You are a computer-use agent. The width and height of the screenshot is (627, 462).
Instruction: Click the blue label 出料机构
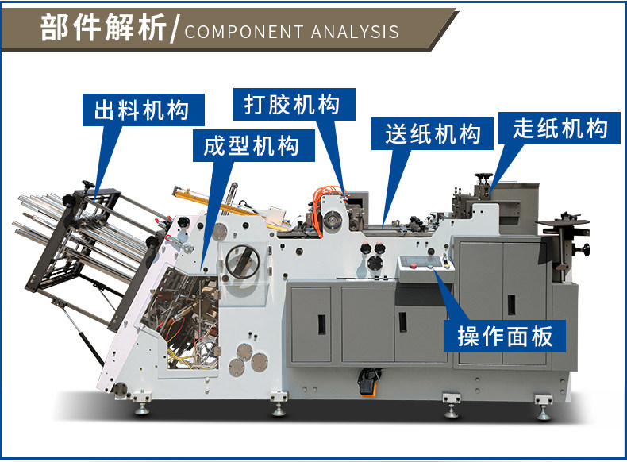point(141,110)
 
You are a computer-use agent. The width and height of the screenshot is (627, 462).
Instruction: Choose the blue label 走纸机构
point(560,128)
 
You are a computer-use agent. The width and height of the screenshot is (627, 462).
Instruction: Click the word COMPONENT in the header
point(241,33)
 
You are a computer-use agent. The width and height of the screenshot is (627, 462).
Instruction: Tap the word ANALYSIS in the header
point(356,33)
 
